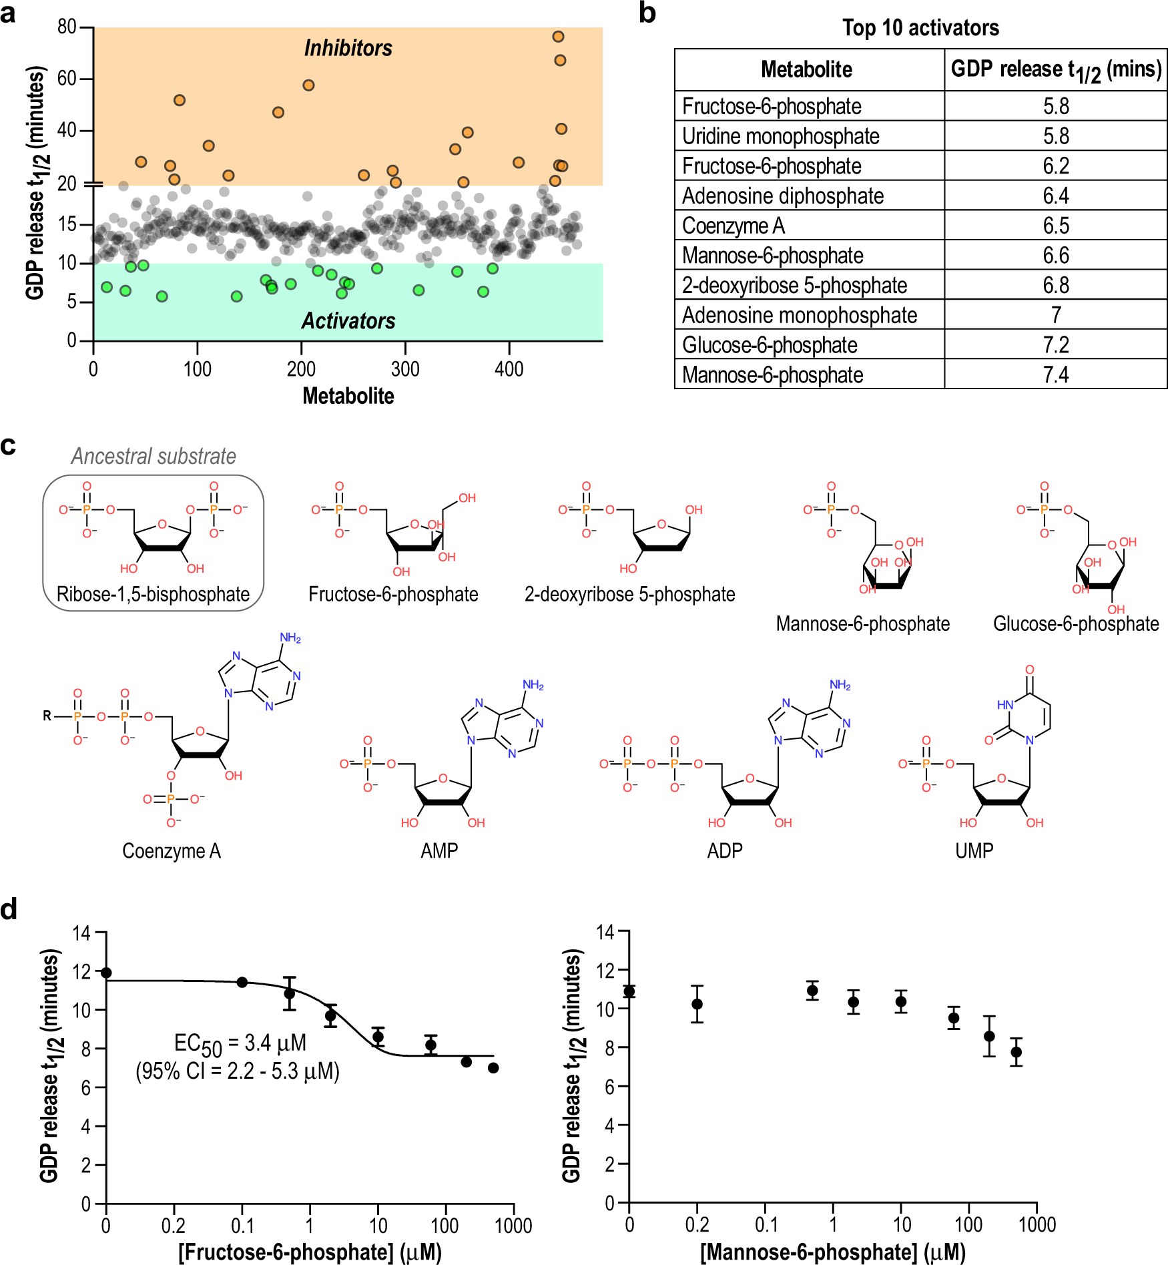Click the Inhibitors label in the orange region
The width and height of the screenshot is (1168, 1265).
click(348, 48)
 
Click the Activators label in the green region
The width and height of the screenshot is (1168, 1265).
click(348, 321)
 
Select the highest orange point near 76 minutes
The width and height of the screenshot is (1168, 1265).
click(558, 37)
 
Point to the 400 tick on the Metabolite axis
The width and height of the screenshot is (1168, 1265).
click(509, 368)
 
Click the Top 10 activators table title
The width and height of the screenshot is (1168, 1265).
click(920, 28)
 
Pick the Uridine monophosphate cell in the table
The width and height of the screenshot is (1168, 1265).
click(780, 136)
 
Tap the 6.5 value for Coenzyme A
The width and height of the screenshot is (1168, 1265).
click(1055, 226)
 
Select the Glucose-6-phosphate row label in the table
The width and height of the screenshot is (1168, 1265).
click(769, 345)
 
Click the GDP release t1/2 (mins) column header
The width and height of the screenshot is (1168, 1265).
click(1055, 70)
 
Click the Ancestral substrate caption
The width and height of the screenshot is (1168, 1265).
click(154, 456)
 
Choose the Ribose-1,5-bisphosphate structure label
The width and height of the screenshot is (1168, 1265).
click(153, 594)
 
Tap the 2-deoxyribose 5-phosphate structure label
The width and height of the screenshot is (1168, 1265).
click(629, 594)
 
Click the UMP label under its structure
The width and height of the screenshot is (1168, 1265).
click(974, 850)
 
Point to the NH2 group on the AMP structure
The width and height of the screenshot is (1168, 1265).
click(533, 685)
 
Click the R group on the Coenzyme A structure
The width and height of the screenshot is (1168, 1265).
click(47, 716)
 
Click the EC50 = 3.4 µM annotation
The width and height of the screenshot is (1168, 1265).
click(240, 1043)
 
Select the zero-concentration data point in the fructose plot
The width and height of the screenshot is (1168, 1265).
click(106, 973)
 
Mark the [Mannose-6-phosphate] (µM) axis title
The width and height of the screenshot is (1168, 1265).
click(832, 1252)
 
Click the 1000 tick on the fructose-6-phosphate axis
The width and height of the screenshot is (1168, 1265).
click(513, 1226)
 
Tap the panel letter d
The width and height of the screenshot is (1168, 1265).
click(9, 909)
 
